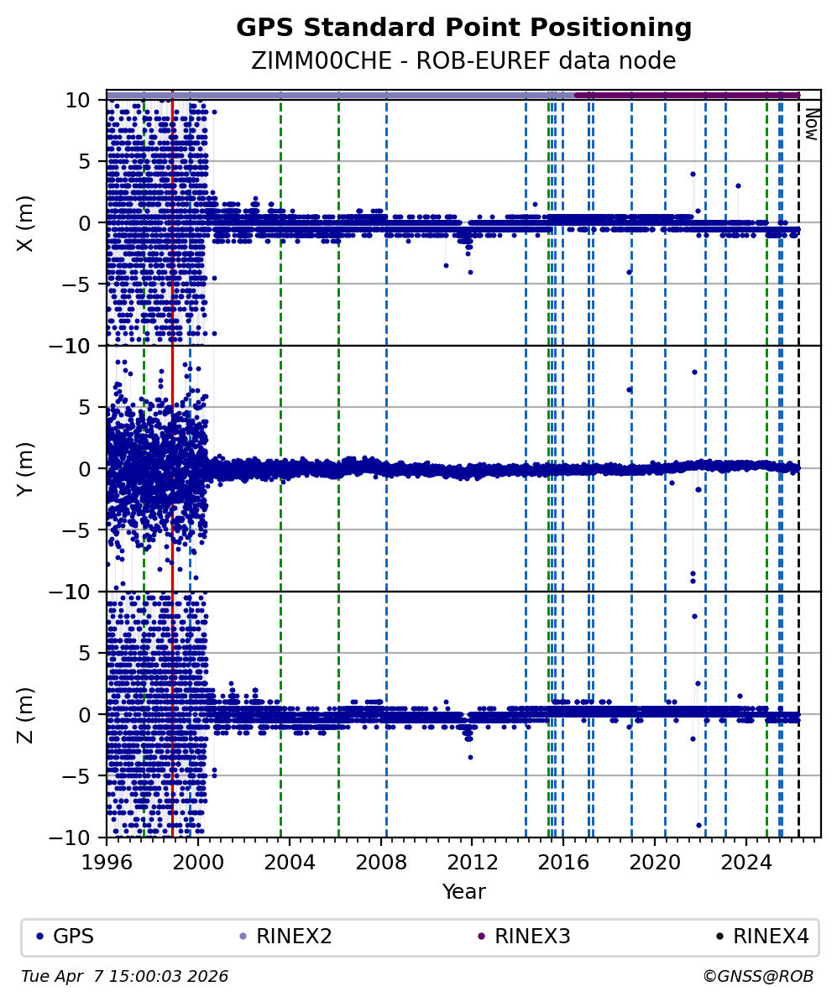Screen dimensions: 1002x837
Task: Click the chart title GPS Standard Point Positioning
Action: click(x=463, y=28)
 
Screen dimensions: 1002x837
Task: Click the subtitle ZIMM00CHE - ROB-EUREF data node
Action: click(x=463, y=60)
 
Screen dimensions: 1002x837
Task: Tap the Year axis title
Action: click(x=463, y=891)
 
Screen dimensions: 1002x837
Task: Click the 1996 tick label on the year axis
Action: click(x=107, y=861)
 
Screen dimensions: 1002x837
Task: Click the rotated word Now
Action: click(x=811, y=123)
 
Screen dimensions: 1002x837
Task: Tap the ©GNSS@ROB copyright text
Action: click(x=757, y=977)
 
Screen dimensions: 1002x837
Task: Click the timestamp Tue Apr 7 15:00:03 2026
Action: click(x=124, y=977)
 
